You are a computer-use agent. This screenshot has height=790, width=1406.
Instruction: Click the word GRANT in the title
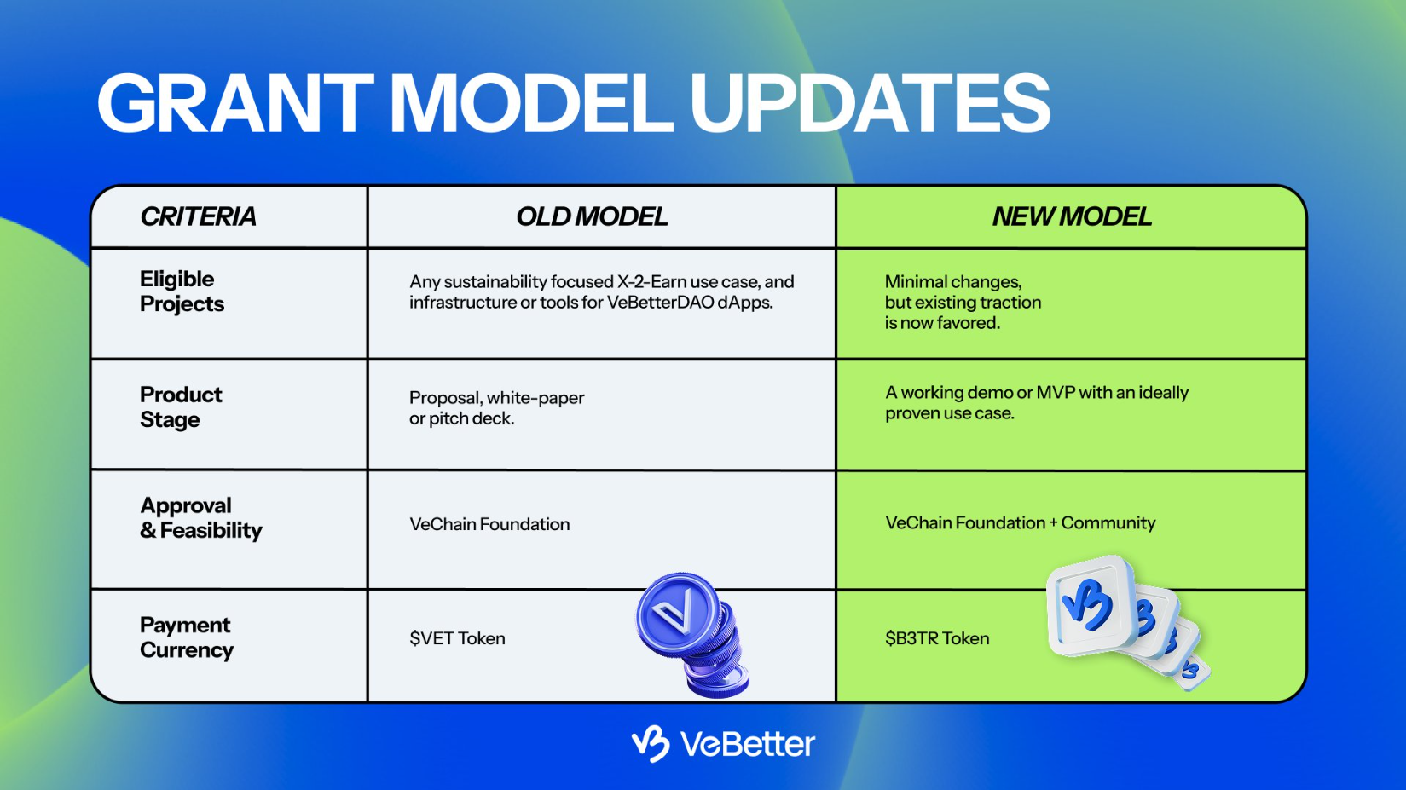point(234,104)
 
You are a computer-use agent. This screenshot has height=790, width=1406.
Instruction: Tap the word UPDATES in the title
point(870,104)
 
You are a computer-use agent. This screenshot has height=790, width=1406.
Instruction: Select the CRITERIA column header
point(198,216)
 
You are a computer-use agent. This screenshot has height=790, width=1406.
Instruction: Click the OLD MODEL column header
point(592,216)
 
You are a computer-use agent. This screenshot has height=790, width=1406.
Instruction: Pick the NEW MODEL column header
point(1072,216)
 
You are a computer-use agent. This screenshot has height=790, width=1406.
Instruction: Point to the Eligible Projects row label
point(182,291)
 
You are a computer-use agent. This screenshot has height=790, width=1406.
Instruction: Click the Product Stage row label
point(181,407)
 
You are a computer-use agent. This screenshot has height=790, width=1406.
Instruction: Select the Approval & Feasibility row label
point(200,517)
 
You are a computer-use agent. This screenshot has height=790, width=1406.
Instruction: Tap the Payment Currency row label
point(186,637)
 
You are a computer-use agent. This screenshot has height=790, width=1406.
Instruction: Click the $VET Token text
point(457,638)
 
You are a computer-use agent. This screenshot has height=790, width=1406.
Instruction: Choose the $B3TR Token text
point(937,638)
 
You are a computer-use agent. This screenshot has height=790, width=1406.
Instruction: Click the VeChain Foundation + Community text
point(1020,522)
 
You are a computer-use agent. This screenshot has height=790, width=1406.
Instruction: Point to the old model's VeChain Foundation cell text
point(489,524)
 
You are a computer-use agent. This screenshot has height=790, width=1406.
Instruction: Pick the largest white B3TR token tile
point(1091,606)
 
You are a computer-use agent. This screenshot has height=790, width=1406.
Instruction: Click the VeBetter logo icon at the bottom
point(651,743)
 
